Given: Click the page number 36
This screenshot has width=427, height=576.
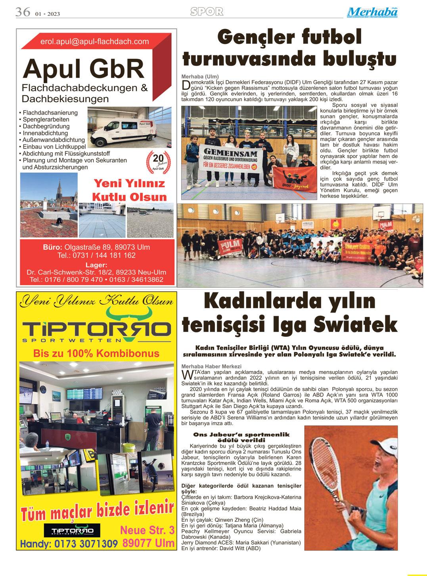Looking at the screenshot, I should click(22, 12).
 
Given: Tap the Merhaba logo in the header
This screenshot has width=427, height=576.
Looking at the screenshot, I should click(372, 12).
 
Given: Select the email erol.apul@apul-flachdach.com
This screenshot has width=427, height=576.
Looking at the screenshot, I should click(94, 41).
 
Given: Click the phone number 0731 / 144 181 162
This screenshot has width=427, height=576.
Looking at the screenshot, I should click(96, 256).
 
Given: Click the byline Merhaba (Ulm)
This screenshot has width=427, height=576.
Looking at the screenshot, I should click(200, 76).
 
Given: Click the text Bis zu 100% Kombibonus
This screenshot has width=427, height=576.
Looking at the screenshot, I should click(96, 353).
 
